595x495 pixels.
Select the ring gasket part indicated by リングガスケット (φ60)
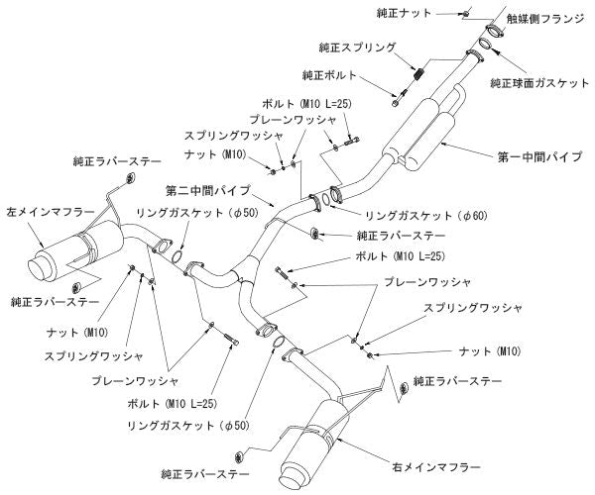coord(335,192)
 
